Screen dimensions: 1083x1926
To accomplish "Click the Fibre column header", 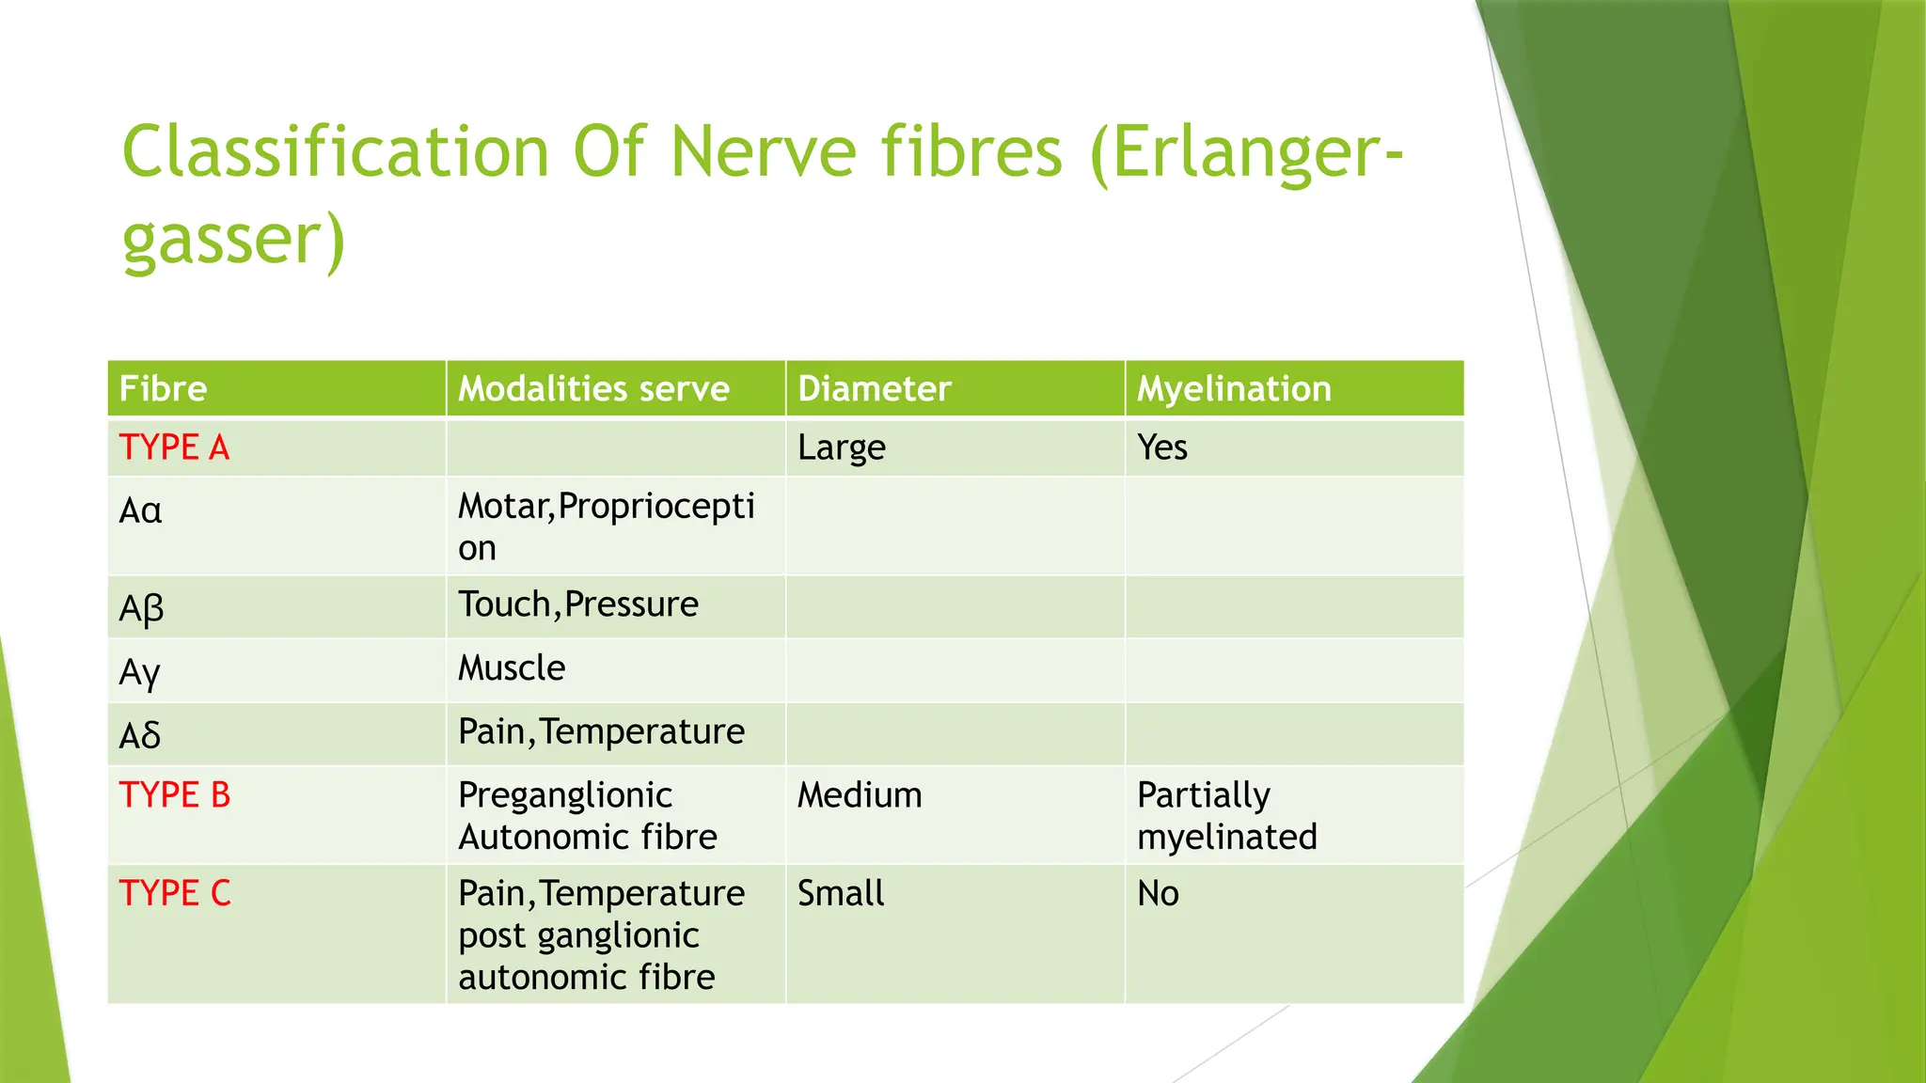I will click(x=164, y=389).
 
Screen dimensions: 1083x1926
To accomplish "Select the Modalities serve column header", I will click(x=593, y=389).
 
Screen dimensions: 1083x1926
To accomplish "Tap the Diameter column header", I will click(x=874, y=389).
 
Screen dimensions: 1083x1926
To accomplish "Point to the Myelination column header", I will click(x=1234, y=389).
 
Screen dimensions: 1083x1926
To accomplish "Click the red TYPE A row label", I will click(x=175, y=447).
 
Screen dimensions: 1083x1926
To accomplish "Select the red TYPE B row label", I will click(x=175, y=795).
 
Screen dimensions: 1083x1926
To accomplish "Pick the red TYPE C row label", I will click(x=175, y=893).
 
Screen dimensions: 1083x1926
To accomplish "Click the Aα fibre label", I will click(x=141, y=511).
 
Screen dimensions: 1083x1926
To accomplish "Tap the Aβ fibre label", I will click(x=141, y=608).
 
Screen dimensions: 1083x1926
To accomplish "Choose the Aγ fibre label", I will click(x=140, y=672).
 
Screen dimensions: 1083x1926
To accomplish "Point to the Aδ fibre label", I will click(x=140, y=735).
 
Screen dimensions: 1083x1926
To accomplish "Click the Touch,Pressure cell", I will click(x=578, y=604).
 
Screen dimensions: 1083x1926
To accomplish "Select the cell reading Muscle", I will click(x=512, y=668).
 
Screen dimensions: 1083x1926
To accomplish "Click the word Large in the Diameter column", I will click(x=841, y=448).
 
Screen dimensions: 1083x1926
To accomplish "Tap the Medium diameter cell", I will click(x=860, y=795).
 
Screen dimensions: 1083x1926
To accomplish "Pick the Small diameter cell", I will click(x=841, y=893).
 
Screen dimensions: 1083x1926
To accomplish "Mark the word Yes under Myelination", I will click(x=1162, y=447).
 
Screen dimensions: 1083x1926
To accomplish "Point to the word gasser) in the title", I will click(x=234, y=241).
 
